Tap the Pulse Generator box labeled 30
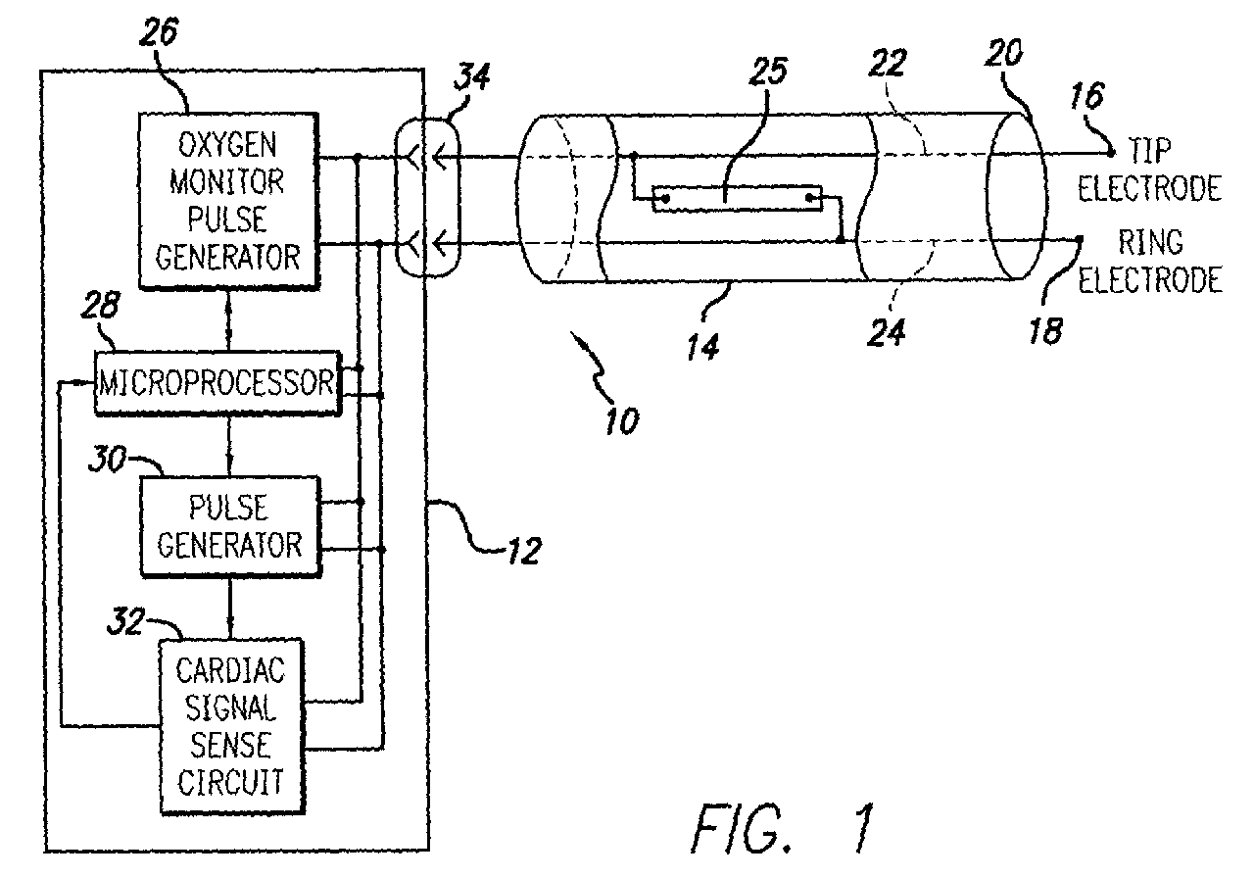tap(229, 526)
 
